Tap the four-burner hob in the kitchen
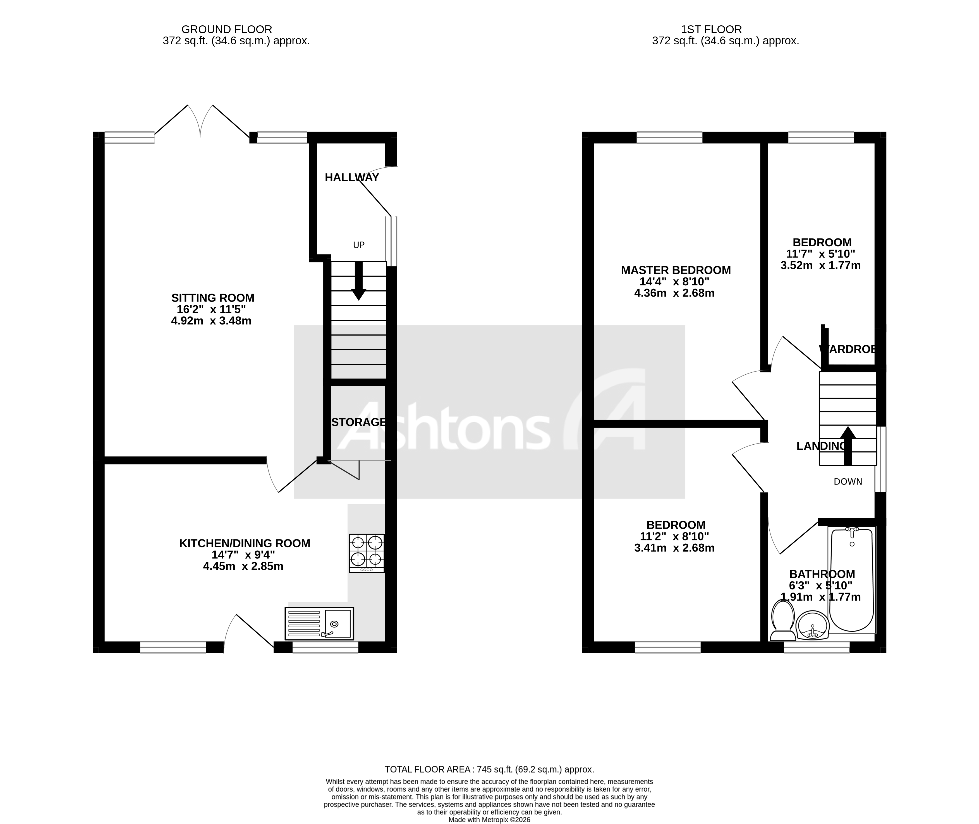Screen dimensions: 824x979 click(367, 553)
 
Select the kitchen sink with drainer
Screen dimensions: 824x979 click(319, 623)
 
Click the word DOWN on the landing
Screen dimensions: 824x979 click(848, 482)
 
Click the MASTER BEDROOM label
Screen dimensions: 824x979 click(676, 270)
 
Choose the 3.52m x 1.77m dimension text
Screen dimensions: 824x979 click(820, 265)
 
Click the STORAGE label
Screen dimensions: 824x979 click(359, 422)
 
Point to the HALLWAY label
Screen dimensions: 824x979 click(351, 177)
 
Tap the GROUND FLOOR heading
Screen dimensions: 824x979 click(227, 30)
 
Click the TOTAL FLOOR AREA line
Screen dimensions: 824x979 click(489, 769)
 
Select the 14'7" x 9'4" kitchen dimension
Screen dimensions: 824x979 click(243, 555)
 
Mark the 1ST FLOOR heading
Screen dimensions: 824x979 click(711, 30)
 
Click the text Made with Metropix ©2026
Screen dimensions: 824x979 click(489, 819)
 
